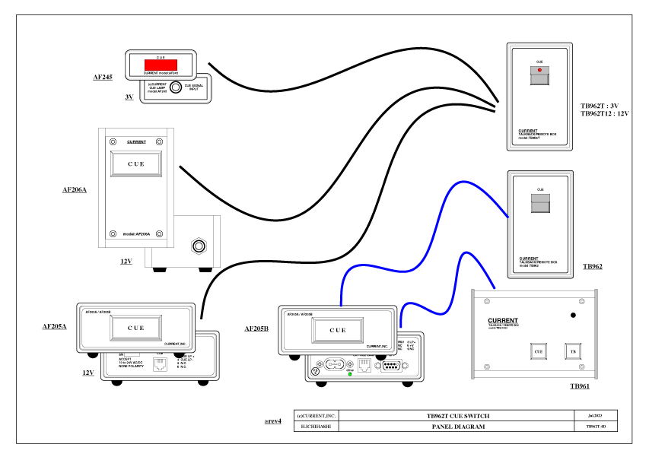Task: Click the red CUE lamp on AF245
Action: pos(161,65)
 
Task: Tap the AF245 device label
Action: pos(103,77)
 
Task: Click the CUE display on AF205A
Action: pos(135,328)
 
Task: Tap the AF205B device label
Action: pos(256,328)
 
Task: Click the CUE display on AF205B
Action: pos(337,331)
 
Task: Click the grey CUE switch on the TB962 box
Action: pos(540,204)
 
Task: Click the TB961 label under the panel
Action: pos(581,387)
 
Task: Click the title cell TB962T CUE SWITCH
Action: pos(457,416)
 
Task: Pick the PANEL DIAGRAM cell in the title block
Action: pos(457,427)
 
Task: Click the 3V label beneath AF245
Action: pos(129,98)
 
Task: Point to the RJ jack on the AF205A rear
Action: pos(160,363)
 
